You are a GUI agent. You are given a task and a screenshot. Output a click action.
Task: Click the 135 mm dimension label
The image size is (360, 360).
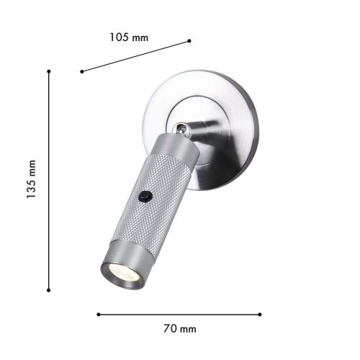(32, 181)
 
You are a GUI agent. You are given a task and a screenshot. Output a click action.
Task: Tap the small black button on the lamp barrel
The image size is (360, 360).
(146, 194)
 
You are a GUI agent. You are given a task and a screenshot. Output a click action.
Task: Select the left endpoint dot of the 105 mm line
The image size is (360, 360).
(82, 71)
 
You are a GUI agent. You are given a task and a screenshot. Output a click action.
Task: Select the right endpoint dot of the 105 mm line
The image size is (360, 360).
(189, 40)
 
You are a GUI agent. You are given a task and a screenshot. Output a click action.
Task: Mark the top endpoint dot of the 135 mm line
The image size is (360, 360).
(48, 71)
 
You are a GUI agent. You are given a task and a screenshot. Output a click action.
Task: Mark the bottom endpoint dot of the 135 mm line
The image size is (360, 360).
(48, 290)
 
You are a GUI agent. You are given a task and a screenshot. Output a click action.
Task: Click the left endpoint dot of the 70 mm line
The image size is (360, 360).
(98, 314)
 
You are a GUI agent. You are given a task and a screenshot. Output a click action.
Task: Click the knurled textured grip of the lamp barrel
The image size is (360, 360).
(151, 209)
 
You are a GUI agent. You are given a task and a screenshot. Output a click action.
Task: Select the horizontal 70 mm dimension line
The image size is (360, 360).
(180, 314)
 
